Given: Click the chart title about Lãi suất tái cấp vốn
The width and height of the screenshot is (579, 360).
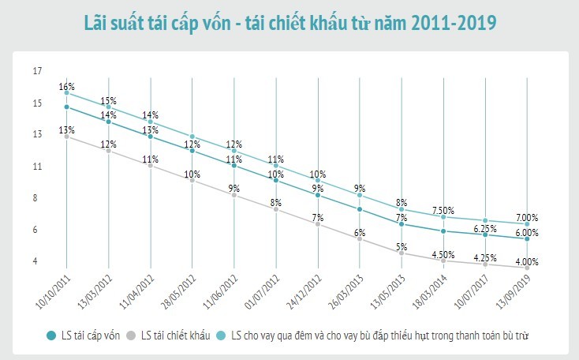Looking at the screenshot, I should (x=289, y=23).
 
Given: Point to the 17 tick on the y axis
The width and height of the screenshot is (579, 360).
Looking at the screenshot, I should (x=37, y=72).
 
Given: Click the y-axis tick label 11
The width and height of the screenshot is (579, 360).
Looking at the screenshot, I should (x=37, y=167).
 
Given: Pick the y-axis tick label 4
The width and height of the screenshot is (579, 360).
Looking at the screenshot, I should (x=37, y=261).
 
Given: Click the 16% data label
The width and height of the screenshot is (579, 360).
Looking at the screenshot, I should (x=66, y=86).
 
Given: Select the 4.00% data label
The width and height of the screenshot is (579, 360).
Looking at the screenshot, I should (x=526, y=262).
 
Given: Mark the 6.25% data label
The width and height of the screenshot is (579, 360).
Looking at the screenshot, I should (x=484, y=228).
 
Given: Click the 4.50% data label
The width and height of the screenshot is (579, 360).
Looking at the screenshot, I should (x=443, y=254).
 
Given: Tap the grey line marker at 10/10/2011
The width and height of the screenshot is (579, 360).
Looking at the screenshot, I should (x=67, y=137).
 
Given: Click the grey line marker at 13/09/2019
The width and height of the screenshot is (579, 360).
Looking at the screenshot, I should (x=526, y=268).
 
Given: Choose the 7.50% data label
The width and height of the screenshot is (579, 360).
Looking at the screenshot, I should (x=443, y=210).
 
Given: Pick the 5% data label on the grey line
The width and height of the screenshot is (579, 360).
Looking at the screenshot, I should (x=402, y=247).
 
